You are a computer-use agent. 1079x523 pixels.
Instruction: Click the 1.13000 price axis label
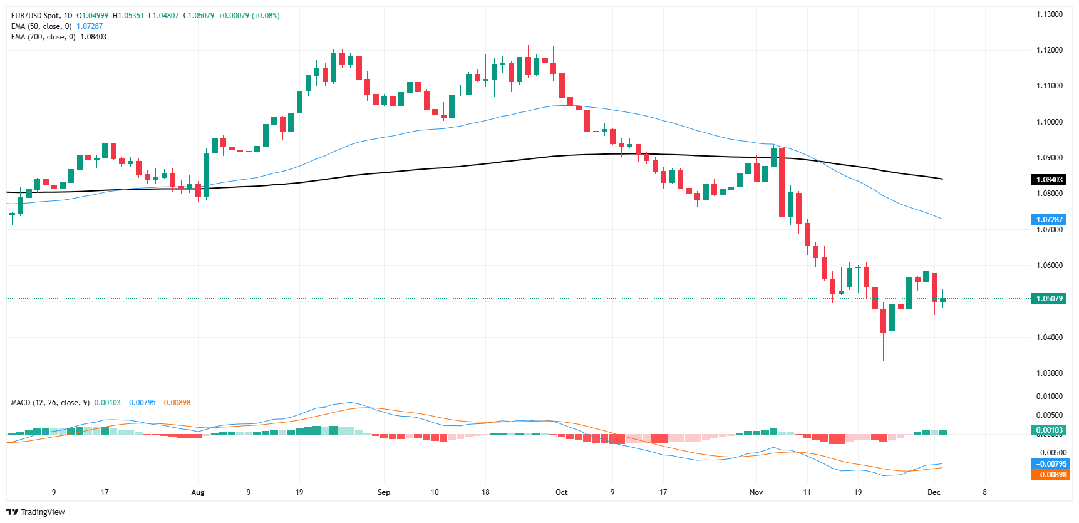click(x=1049, y=14)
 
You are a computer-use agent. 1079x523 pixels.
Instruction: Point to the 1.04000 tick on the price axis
click(x=1049, y=338)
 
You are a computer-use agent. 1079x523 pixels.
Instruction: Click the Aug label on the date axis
click(x=198, y=492)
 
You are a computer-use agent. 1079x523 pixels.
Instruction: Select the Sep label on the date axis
click(x=384, y=492)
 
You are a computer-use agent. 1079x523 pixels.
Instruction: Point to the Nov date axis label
click(x=756, y=492)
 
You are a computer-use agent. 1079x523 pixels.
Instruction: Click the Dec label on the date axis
click(x=934, y=492)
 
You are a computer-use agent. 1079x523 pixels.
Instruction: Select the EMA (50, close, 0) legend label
click(x=41, y=26)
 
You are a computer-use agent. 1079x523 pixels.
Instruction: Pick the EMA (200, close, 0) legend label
click(x=43, y=37)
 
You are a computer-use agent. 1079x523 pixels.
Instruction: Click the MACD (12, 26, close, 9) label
click(x=50, y=403)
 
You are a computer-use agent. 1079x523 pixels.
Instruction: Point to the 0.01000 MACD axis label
click(x=1049, y=396)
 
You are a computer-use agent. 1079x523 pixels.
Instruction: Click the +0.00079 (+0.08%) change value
click(x=249, y=16)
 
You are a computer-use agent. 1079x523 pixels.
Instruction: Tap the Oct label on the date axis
click(x=562, y=492)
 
